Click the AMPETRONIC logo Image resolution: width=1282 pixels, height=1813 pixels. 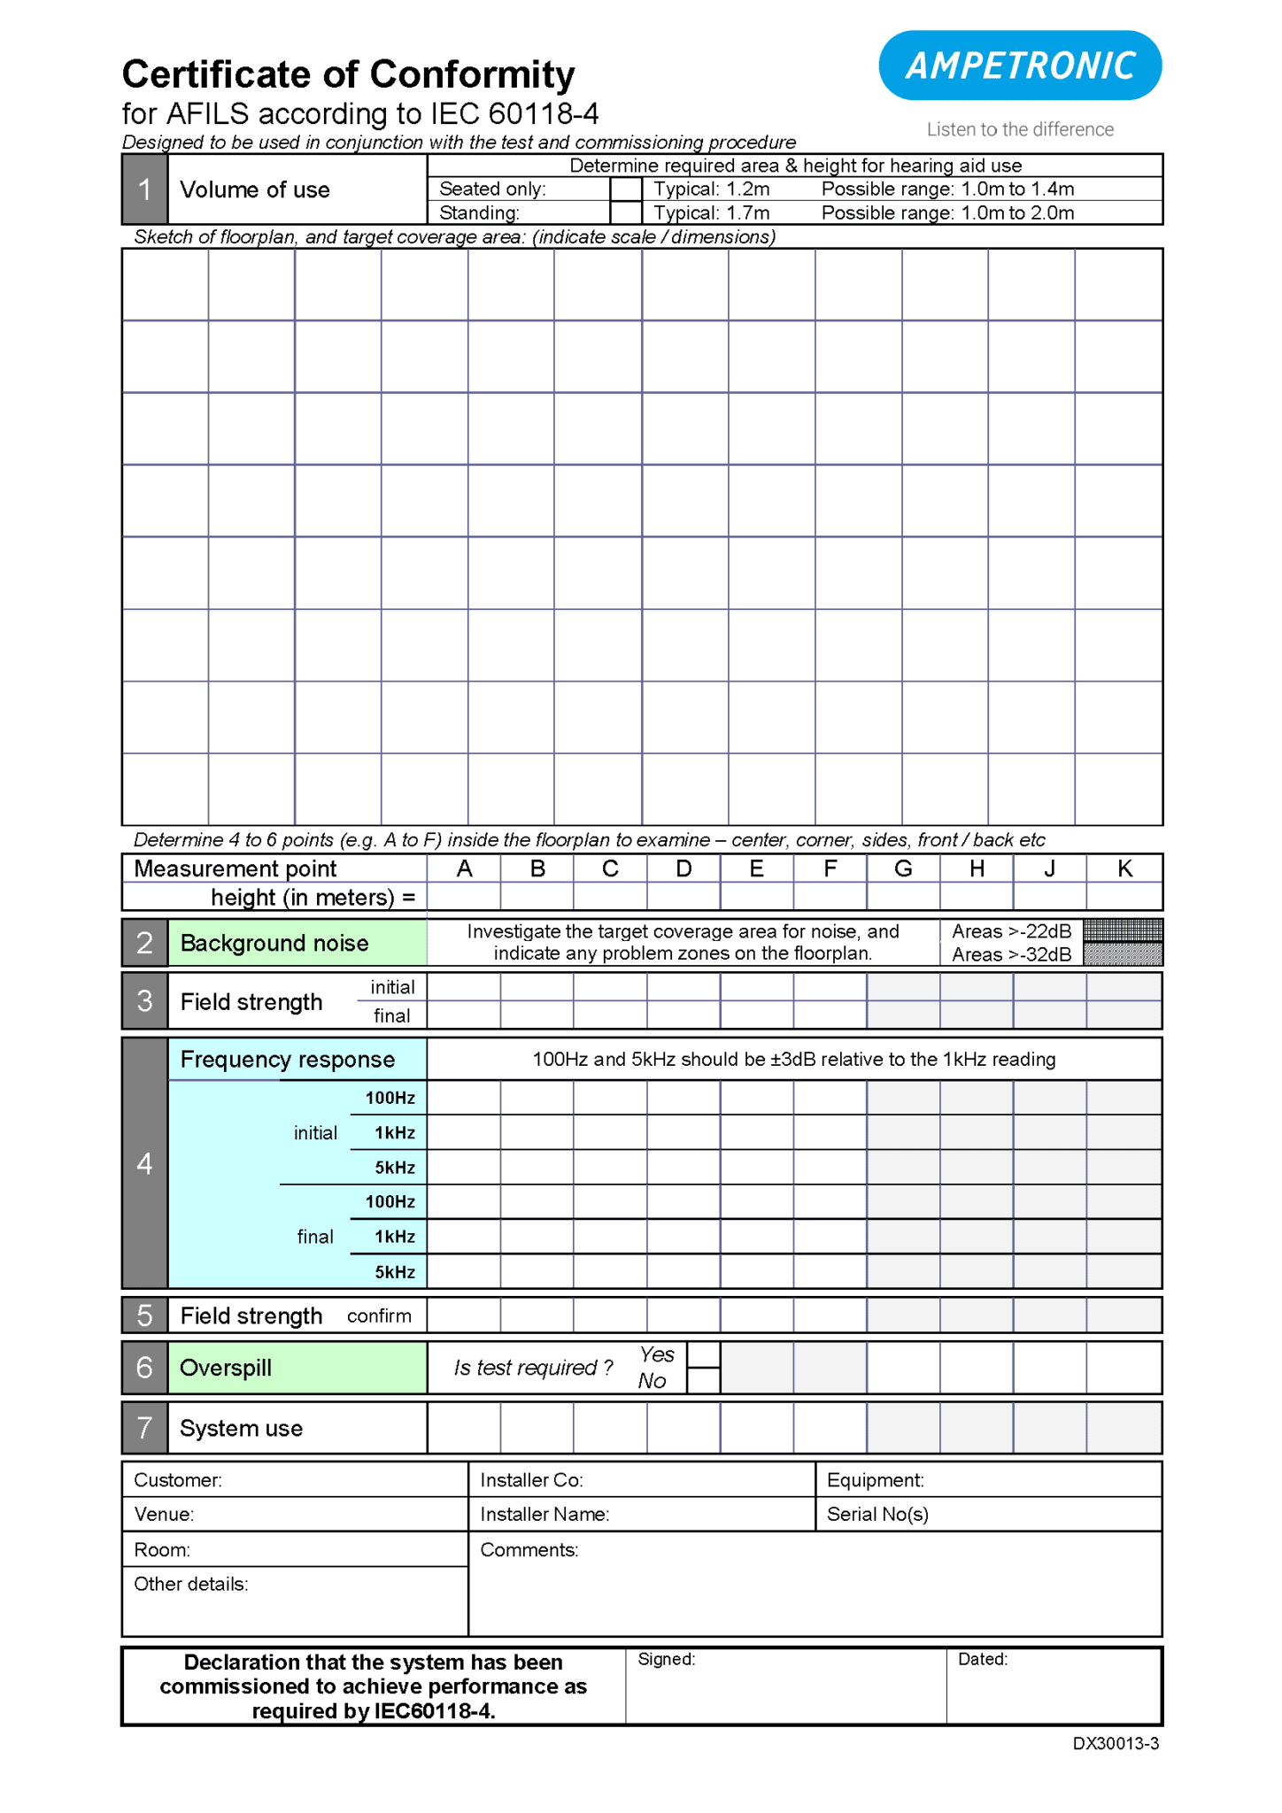pyautogui.click(x=1019, y=66)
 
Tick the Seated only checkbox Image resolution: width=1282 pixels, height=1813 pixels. pyautogui.click(x=625, y=189)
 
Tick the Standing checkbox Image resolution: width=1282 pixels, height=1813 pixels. pyautogui.click(x=625, y=212)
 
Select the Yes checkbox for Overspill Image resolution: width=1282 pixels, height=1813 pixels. pyautogui.click(x=703, y=1354)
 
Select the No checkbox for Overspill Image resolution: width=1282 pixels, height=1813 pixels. pyautogui.click(x=703, y=1380)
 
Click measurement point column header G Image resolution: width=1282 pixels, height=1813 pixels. pyautogui.click(x=902, y=868)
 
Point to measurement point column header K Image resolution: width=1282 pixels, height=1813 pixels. pyautogui.click(x=1124, y=868)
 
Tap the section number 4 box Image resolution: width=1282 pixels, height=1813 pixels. pyautogui.click(x=144, y=1163)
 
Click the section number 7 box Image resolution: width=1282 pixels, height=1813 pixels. pyautogui.click(x=144, y=1427)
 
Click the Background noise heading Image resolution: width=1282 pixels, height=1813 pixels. pyautogui.click(x=274, y=943)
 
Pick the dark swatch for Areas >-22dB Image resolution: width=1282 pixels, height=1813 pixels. pyautogui.click(x=1122, y=930)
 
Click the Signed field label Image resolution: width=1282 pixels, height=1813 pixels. pyautogui.click(x=666, y=1659)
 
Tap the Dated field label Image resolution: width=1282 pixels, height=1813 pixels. pyautogui.click(x=982, y=1659)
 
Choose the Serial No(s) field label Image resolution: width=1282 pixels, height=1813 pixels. pyautogui.click(x=877, y=1514)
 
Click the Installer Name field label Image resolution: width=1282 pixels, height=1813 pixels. pyautogui.click(x=544, y=1514)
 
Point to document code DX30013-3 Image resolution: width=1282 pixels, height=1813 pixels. pyautogui.click(x=1115, y=1743)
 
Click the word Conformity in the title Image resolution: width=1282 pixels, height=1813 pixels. pyautogui.click(x=473, y=74)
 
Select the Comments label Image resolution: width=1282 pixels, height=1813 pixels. pyautogui.click(x=529, y=1549)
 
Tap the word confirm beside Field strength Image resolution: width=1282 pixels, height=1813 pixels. pyautogui.click(x=379, y=1315)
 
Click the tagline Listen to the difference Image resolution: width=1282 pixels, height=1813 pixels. pyautogui.click(x=1019, y=129)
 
